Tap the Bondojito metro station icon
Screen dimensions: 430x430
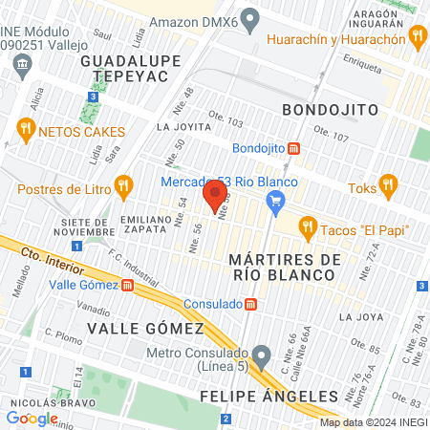pyautogui.click(x=295, y=148)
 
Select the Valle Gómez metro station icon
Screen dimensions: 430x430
pyautogui.click(x=128, y=285)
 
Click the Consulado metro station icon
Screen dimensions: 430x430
pyautogui.click(x=250, y=304)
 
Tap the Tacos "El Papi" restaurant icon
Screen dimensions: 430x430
pyautogui.click(x=307, y=227)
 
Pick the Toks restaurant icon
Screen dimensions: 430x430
pyautogui.click(x=387, y=183)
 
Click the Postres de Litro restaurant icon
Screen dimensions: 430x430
pyautogui.click(x=121, y=184)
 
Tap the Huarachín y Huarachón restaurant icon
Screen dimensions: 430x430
pyautogui.click(x=416, y=37)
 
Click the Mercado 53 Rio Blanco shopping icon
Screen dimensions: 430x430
pyautogui.click(x=277, y=200)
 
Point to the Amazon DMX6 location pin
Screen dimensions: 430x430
pyautogui.click(x=251, y=17)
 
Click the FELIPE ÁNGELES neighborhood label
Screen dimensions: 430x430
pyautogui.click(x=269, y=396)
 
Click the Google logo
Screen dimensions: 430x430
pyautogui.click(x=32, y=418)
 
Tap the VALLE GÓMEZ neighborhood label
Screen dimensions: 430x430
pyautogui.click(x=145, y=329)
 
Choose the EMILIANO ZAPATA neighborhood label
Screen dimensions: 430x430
pyautogui.click(x=145, y=225)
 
